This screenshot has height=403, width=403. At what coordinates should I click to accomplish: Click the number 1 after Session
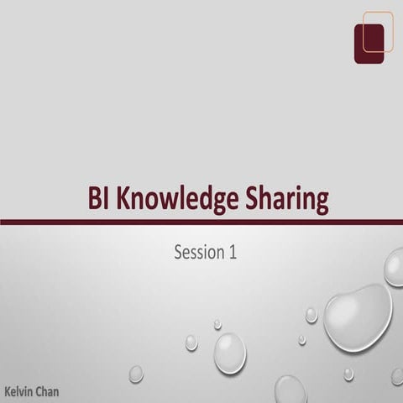coord(232,251)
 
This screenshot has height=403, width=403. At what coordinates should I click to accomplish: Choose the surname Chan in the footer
coord(46,391)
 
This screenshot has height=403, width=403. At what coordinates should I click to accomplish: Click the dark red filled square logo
coord(369,44)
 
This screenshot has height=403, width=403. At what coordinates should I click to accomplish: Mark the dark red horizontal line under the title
coord(201,222)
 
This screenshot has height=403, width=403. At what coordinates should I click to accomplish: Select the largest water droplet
coord(358,317)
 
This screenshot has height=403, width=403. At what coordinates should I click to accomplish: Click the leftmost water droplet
coord(136,374)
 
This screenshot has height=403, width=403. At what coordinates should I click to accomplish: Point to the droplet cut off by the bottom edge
coord(290,390)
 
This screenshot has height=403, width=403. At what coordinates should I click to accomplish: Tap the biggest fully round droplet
coord(229,353)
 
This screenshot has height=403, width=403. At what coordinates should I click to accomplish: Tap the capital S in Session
coord(178,251)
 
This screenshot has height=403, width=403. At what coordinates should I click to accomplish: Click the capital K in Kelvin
coord(8,391)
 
